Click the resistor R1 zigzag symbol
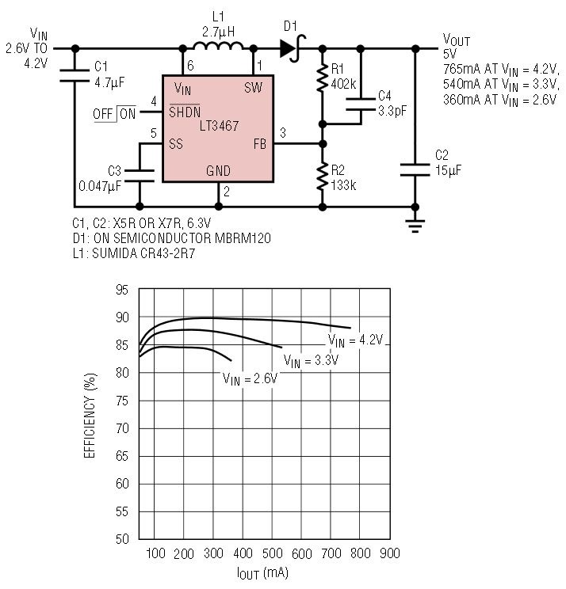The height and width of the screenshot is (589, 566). tap(323, 78)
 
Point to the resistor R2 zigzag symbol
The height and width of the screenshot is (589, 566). tap(323, 176)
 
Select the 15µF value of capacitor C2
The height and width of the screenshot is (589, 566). tap(448, 170)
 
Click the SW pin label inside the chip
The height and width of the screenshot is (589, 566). tap(253, 87)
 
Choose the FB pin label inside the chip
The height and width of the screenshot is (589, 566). tap(258, 144)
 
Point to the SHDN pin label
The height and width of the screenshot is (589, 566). tap(185, 112)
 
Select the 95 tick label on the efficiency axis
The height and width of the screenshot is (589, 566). tap(121, 290)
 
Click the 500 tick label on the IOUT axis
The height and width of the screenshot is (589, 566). tap(272, 553)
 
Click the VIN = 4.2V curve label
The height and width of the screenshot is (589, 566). tap(356, 340)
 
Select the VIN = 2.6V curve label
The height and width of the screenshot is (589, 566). tap(250, 378)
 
